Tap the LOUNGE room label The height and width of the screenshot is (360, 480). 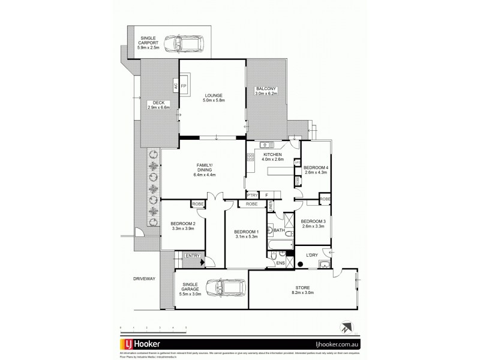click(x=213, y=95)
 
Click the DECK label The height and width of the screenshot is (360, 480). click(x=158, y=103)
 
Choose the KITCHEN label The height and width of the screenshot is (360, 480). click(x=272, y=155)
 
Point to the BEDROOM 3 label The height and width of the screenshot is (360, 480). click(x=313, y=221)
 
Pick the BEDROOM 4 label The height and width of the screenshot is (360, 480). click(x=316, y=167)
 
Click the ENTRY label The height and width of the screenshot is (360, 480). click(x=192, y=257)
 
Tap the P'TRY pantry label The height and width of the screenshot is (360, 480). click(x=253, y=195)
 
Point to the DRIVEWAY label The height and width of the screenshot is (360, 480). click(x=144, y=279)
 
